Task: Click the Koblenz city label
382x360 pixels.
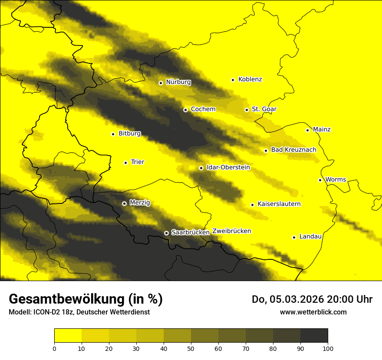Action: pos(250,79)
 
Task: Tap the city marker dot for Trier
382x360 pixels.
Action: pos(125,163)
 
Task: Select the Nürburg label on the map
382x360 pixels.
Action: pos(178,82)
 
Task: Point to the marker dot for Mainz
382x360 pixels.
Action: pos(307,130)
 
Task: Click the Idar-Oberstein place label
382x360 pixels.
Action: pos(228,167)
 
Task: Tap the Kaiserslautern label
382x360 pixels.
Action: pos(279,204)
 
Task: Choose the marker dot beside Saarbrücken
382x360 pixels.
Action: pos(166,233)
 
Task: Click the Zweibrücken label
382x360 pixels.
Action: pos(231,231)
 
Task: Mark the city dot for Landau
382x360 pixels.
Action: pos(294,237)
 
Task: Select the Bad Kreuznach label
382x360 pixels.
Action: pos(293,150)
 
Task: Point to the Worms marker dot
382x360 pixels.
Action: pos(320,180)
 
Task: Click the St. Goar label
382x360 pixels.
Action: pos(264,109)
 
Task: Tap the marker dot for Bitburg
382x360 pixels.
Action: pos(113,134)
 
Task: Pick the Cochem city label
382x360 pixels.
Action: pos(203,109)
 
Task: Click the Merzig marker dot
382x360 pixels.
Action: pos(124,203)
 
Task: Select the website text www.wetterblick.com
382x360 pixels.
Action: pos(313,312)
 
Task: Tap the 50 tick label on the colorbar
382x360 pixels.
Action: pos(191,348)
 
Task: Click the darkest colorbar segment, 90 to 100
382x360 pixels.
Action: pos(314,336)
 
